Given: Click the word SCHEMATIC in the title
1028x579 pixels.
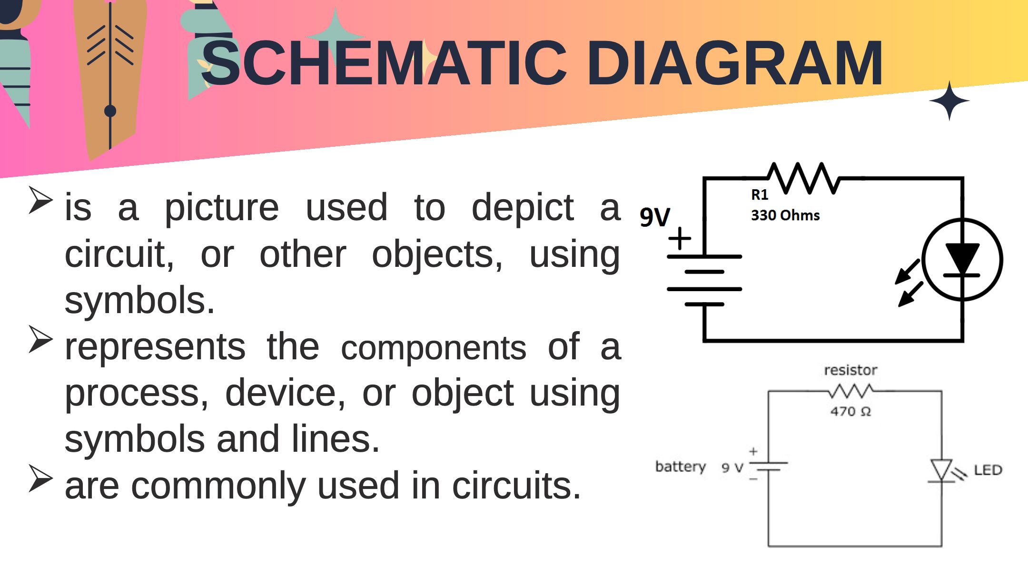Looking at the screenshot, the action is click(x=384, y=63).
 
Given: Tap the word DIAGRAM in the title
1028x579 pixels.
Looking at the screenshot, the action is click(x=735, y=63).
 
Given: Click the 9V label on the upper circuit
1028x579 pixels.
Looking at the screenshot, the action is click(x=655, y=217).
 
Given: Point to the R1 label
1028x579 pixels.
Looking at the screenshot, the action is click(x=760, y=194).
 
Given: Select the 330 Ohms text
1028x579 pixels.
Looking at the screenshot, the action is click(x=785, y=215).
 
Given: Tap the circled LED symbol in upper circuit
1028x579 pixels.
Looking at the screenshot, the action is click(x=962, y=260).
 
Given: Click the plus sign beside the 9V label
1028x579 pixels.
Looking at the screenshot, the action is click(x=680, y=238).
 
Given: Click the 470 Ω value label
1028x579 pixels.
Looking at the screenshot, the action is click(x=850, y=411).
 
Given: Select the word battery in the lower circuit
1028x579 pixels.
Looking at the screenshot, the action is click(x=681, y=466).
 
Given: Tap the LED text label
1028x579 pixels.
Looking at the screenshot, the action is click(x=988, y=470).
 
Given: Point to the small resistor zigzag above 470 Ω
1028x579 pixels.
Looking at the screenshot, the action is click(x=850, y=391).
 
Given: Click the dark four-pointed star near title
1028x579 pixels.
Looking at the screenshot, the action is click(x=949, y=101).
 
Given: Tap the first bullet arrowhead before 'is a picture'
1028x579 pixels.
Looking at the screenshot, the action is click(x=40, y=200).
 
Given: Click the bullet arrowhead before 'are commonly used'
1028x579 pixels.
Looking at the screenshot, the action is click(x=40, y=478).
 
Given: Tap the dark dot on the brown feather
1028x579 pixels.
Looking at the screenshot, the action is click(x=110, y=111).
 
